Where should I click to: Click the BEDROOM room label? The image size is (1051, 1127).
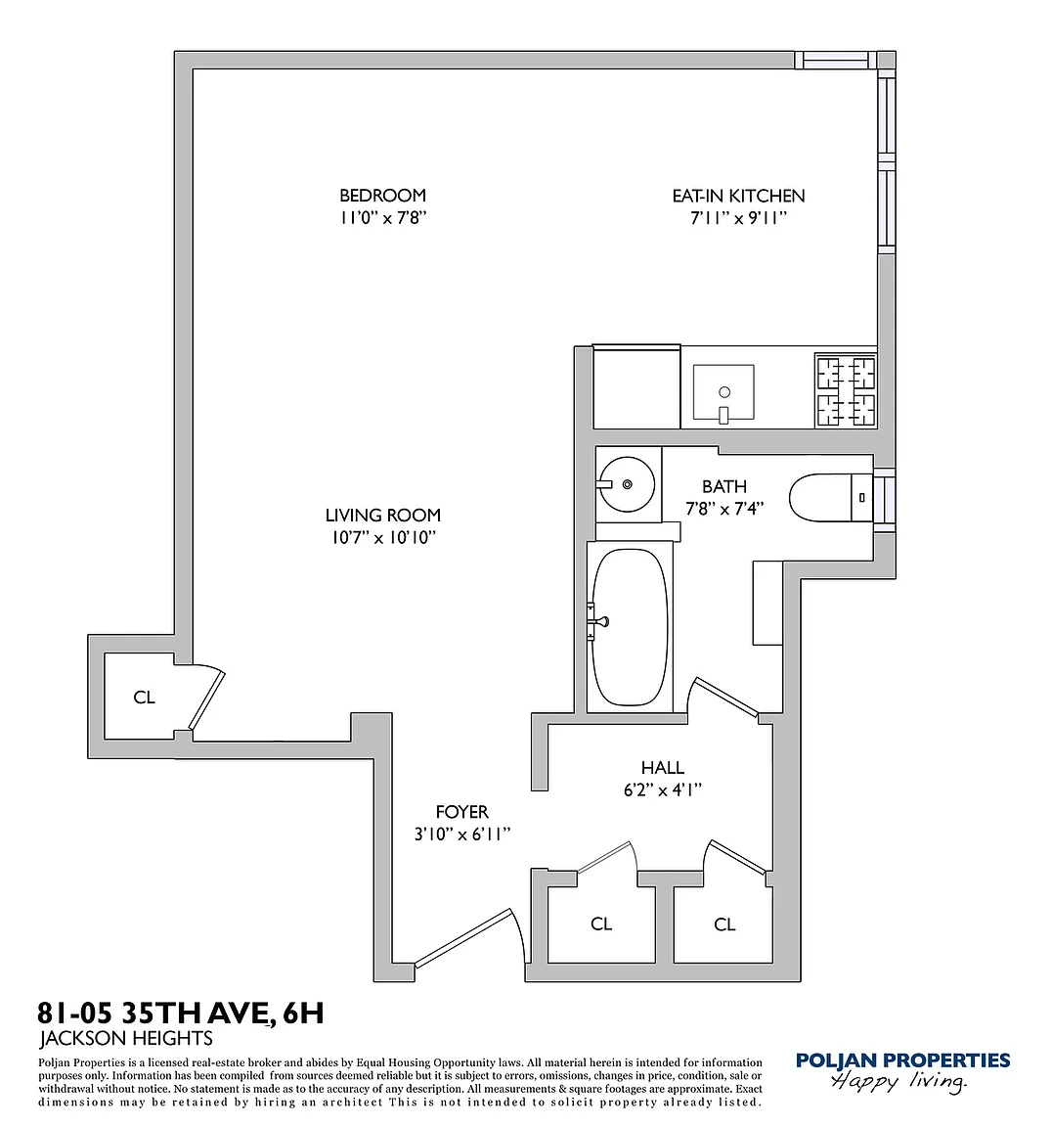(382, 195)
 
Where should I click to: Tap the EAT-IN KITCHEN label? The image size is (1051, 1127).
(738, 196)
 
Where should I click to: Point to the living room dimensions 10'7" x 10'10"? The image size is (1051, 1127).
(383, 537)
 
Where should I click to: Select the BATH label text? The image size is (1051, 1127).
(724, 486)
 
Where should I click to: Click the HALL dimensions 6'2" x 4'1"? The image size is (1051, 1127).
(662, 789)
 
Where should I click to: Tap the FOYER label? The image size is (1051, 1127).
(461, 811)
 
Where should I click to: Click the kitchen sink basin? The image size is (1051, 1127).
(723, 392)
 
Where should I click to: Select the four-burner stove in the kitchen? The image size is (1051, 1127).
(846, 390)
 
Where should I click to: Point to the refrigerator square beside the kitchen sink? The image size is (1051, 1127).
(636, 387)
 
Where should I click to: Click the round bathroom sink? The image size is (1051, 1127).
(627, 484)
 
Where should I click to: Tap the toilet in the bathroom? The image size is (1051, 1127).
(830, 497)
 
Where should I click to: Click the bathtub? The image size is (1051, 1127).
(630, 627)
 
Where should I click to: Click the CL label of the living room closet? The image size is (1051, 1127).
(144, 697)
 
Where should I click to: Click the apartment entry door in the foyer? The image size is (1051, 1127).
(465, 936)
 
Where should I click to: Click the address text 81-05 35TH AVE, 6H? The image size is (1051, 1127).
(180, 1013)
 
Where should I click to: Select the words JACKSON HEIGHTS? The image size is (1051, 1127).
(126, 1038)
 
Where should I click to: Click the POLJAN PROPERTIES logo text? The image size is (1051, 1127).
(903, 1060)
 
